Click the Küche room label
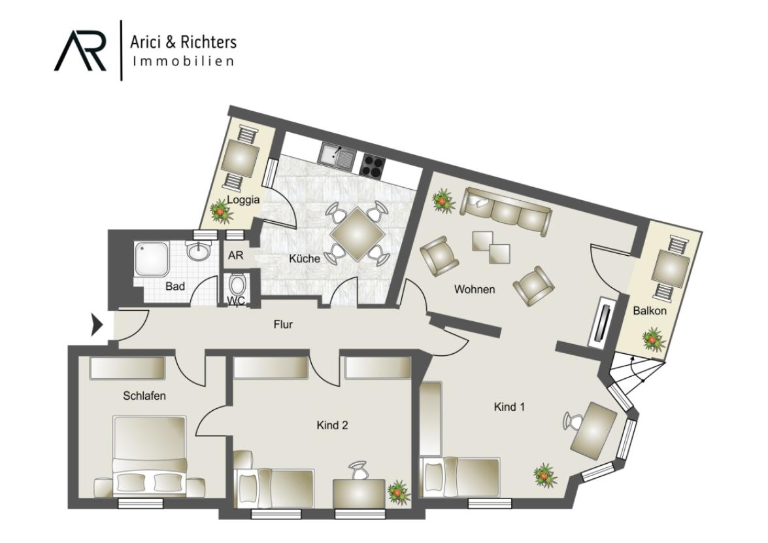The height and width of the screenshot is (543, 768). (304, 258)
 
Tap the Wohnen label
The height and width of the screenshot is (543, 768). (474, 289)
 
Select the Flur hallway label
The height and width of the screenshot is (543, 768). (283, 324)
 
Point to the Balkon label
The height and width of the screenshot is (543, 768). (650, 311)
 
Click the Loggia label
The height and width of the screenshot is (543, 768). (243, 200)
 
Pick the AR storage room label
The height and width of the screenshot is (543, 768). (235, 255)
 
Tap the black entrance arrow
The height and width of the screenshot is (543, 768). (96, 325)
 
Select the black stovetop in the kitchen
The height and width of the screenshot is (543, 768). (373, 165)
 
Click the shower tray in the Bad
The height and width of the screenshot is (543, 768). (152, 259)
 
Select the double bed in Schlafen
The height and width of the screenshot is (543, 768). (150, 455)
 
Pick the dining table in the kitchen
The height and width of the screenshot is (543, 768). (357, 234)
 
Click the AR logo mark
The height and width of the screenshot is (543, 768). (80, 50)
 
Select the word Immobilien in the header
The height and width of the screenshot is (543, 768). (184, 61)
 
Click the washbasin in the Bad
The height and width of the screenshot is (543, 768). (198, 251)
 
